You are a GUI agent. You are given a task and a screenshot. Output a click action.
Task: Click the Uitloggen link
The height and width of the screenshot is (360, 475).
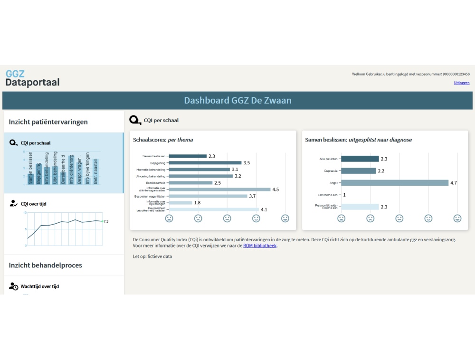tap(462, 83)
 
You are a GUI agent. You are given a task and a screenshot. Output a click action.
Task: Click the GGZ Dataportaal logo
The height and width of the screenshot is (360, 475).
tap(32, 78)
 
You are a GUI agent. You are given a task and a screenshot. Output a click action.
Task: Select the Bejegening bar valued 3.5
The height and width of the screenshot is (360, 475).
tap(205, 163)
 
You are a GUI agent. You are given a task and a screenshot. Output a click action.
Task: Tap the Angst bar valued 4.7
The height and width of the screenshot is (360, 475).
tap(394, 183)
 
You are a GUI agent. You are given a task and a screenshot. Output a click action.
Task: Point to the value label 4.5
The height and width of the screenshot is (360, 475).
tap(275, 189)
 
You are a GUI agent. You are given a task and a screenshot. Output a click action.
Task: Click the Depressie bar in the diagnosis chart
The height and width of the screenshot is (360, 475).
tap(358, 171)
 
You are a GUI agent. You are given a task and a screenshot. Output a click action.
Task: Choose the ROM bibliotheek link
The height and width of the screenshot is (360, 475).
tap(259, 246)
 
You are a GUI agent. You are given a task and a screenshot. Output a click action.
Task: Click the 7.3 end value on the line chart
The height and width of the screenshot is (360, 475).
tap(106, 221)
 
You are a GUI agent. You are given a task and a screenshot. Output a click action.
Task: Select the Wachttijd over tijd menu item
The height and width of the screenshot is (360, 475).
tap(40, 286)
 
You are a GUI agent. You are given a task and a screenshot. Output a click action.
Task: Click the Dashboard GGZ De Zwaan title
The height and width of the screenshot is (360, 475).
tap(237, 101)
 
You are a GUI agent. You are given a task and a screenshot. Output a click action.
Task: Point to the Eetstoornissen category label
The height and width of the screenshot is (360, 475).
tap(328, 195)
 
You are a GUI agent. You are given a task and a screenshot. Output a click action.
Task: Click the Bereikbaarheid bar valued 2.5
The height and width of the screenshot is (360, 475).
tap(190, 183)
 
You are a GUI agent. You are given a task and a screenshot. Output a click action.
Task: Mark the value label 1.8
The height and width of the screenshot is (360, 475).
tap(197, 203)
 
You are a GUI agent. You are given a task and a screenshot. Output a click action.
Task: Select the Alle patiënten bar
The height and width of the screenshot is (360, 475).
tap(360, 159)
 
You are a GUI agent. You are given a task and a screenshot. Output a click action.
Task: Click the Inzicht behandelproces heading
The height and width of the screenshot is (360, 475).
tap(45, 265)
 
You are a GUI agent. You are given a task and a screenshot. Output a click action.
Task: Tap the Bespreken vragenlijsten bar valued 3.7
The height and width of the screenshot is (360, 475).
tap(208, 196)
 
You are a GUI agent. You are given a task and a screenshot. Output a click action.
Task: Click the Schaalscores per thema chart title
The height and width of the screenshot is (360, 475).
tap(163, 140)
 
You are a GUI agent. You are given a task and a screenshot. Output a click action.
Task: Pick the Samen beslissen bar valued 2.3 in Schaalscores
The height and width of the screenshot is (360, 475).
tap(187, 156)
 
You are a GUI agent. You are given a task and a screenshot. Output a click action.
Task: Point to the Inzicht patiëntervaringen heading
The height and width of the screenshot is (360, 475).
tap(48, 122)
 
